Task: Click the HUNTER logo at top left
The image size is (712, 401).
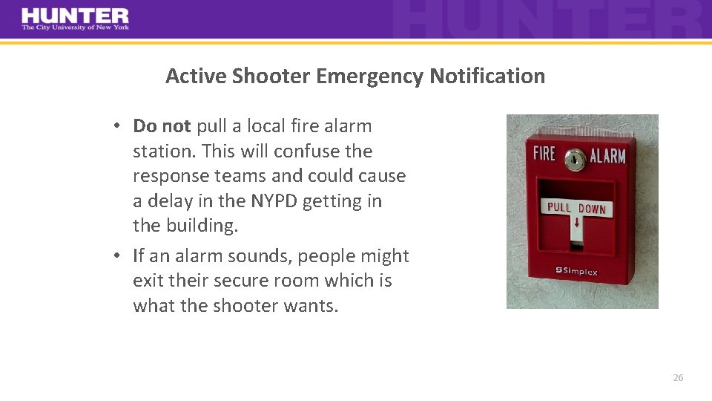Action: click(75, 16)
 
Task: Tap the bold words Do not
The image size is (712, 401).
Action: click(162, 126)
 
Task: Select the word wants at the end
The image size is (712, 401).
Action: click(309, 306)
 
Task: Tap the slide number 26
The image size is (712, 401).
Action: click(678, 378)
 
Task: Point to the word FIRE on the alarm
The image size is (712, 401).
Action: click(544, 154)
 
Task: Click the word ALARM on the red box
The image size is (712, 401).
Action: click(607, 156)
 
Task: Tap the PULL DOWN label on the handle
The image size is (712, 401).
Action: click(576, 208)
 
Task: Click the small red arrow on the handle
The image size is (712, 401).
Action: click(576, 223)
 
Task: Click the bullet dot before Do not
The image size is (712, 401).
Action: click(118, 126)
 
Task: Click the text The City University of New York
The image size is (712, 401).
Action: click(75, 27)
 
